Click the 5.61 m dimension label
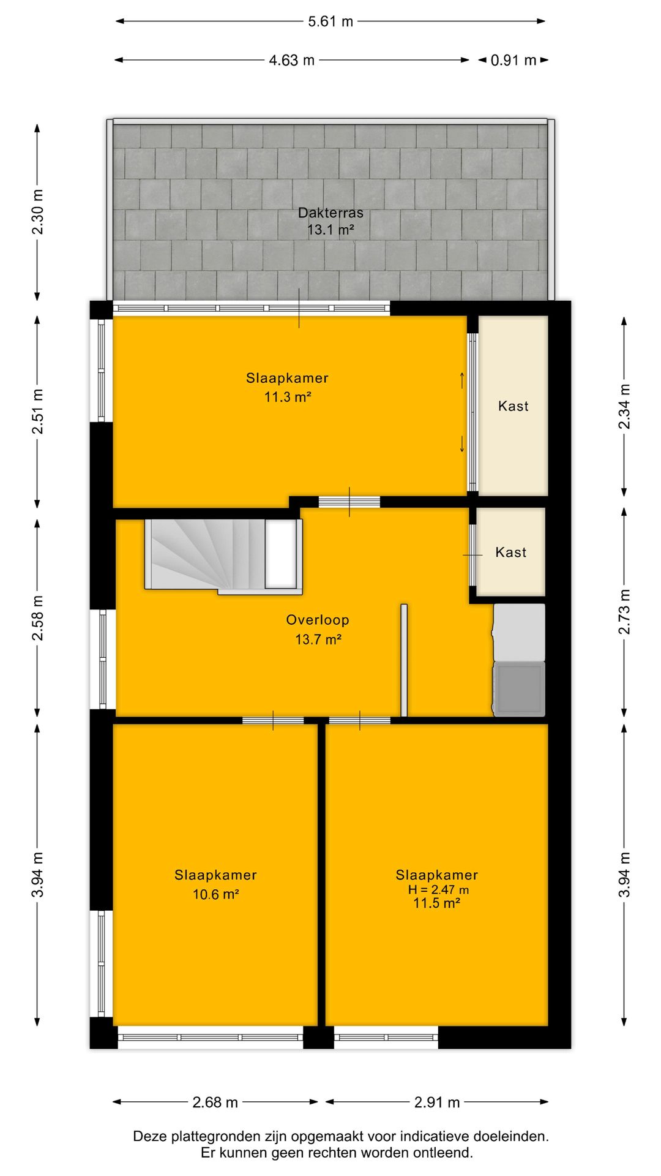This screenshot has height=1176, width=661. pos(330,21)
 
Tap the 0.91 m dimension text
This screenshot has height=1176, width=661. pos(513,60)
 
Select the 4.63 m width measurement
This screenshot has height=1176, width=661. pos(292,60)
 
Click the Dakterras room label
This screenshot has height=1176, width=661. pos(330,213)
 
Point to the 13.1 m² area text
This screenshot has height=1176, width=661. pos(330,230)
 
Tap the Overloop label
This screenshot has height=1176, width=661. pos(318,620)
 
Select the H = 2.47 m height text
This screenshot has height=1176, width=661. pos(438,890)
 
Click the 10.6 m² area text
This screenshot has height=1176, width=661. pos(215,894)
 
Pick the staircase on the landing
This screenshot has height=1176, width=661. pos(223,556)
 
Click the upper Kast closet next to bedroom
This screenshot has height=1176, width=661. pos(513,405)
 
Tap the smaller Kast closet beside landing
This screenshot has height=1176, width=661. pos(510,552)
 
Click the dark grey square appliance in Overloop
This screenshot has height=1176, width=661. pos(519,688)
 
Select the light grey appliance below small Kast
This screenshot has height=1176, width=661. pos(519,633)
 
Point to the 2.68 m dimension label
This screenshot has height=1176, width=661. pos(215,1102)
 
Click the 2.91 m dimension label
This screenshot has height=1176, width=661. pos(437,1102)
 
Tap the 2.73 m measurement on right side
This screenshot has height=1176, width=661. pos(624,611)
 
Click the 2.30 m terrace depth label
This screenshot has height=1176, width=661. pos(38,212)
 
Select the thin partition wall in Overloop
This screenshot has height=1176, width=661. pos(404,660)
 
